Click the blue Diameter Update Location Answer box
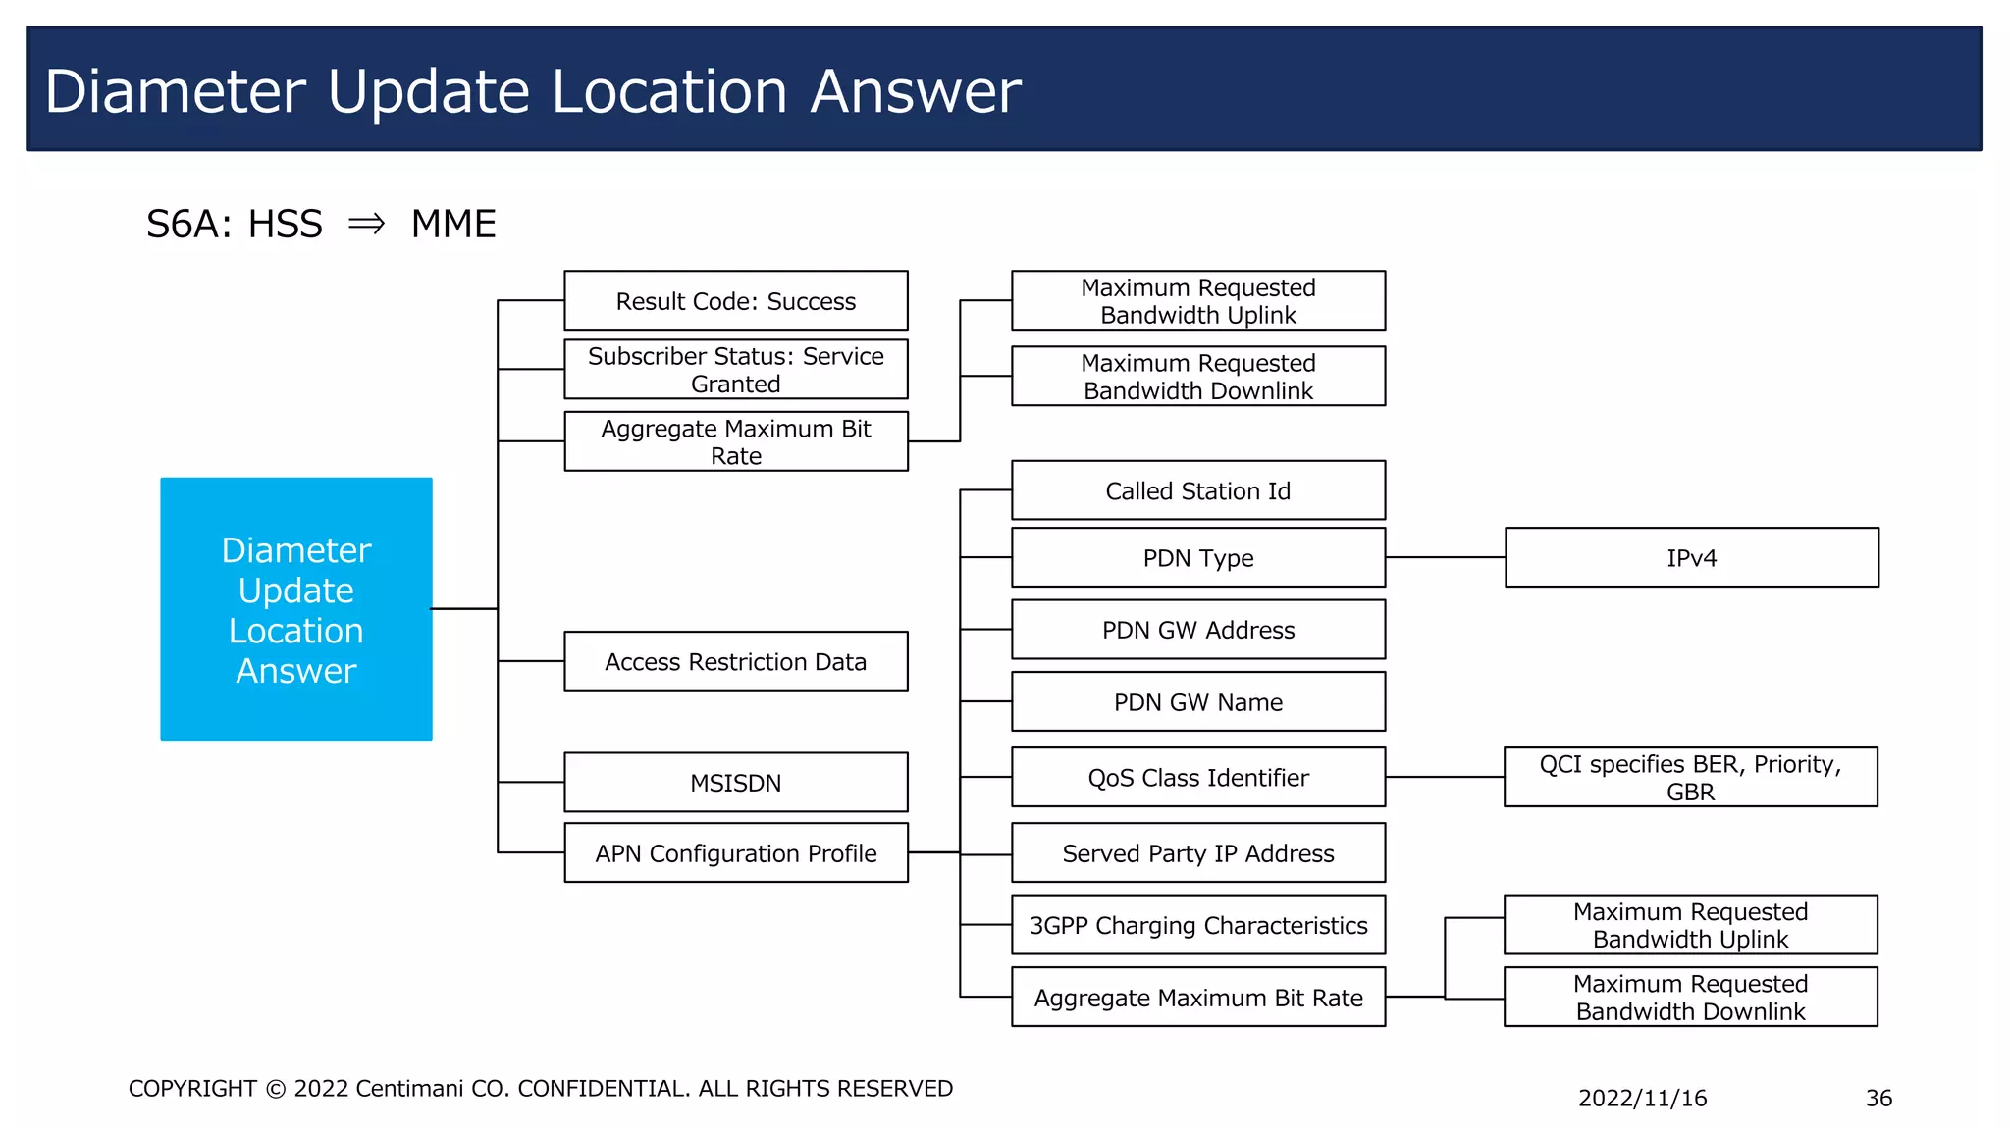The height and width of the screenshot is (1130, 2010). [295, 608]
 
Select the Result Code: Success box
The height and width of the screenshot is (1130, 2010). [735, 300]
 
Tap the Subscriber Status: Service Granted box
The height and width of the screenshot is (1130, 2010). [735, 369]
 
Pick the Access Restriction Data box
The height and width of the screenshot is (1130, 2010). [735, 661]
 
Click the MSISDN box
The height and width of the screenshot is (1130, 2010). [735, 782]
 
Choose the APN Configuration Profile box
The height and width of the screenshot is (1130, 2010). [735, 852]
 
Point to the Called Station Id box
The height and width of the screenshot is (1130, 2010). [1197, 490]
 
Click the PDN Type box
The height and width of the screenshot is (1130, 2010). [1197, 557]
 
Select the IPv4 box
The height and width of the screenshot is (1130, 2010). [1691, 557]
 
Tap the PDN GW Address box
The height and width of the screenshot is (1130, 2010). [1197, 629]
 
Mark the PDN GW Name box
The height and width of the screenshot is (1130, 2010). [1197, 701]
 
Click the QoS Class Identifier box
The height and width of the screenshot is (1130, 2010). [1197, 777]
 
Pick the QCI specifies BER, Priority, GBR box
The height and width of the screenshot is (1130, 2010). [1690, 777]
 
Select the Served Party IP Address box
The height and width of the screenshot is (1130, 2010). [1197, 852]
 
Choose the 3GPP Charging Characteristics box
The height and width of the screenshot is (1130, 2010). [1197, 924]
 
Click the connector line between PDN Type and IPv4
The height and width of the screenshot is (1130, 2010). [1445, 557]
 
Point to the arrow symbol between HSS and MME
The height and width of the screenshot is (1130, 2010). [366, 224]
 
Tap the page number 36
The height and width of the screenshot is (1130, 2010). [1878, 1098]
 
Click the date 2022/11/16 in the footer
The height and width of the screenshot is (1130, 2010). [1642, 1098]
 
